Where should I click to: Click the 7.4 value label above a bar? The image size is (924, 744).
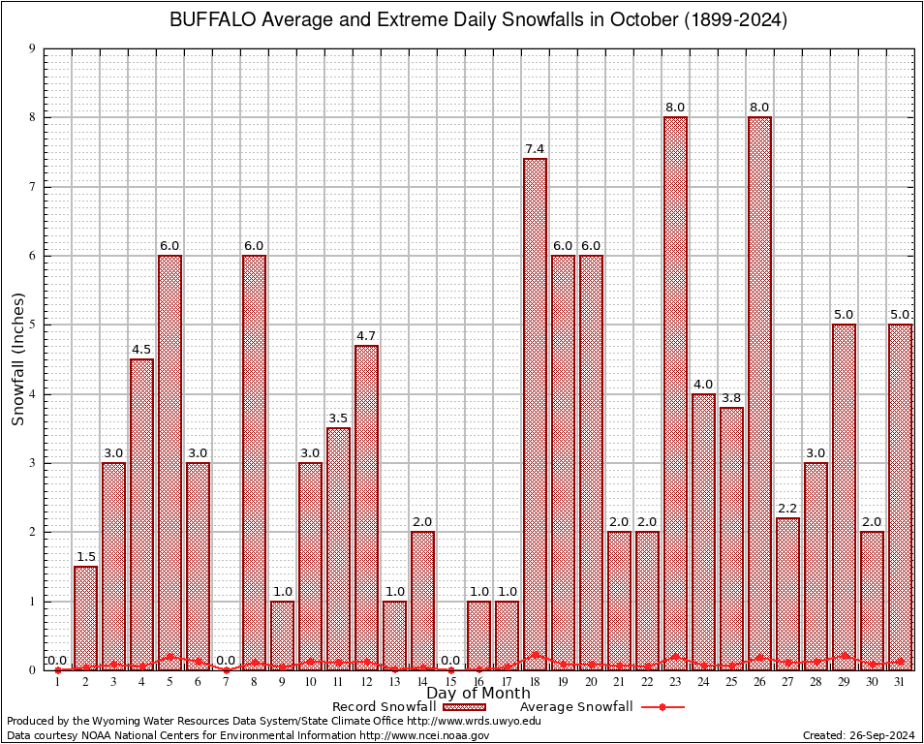coord(535,148)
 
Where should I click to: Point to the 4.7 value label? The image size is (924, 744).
coord(366,335)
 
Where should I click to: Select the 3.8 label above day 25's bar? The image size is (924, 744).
coord(731,397)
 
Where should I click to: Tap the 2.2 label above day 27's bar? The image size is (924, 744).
coord(787,508)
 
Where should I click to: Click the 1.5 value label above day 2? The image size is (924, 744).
coord(85,556)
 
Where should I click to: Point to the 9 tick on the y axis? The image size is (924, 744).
coord(32,48)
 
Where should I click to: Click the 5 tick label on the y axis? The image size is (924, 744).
coord(32,325)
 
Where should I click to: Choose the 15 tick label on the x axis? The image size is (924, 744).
coord(450,682)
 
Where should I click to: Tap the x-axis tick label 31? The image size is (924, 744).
coord(900,682)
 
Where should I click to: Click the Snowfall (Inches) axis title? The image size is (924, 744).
coord(18,359)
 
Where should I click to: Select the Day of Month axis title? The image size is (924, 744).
coord(477,694)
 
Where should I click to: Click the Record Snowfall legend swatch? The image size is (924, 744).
coord(464,707)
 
